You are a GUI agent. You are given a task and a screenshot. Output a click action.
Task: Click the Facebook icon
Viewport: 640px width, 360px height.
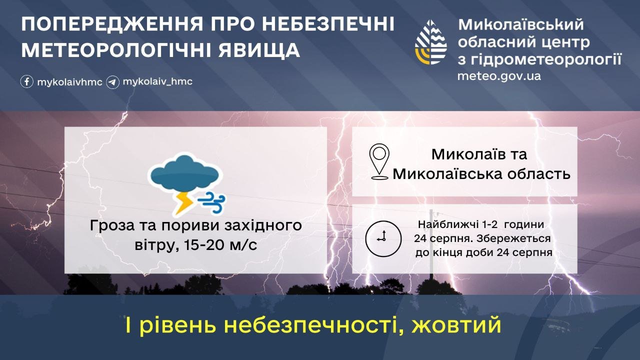(x=27, y=81)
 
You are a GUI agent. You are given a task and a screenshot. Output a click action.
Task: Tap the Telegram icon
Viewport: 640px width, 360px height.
(x=112, y=82)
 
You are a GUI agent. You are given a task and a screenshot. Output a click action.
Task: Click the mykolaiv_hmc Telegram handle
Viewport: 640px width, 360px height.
(x=157, y=81)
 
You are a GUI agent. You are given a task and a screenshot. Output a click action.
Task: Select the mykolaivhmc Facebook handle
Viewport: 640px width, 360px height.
(x=69, y=82)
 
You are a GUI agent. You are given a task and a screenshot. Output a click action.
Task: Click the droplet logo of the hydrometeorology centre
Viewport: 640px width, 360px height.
(x=431, y=42)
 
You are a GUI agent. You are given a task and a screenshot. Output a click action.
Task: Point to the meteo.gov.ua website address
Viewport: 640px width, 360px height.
(x=499, y=76)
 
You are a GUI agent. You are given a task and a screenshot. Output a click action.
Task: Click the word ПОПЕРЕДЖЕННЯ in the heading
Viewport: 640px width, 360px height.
(x=112, y=24)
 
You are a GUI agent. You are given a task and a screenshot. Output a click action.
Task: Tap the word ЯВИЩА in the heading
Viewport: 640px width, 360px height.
(x=259, y=50)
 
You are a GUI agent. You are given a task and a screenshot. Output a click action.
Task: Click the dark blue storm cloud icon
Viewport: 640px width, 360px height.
(x=185, y=173)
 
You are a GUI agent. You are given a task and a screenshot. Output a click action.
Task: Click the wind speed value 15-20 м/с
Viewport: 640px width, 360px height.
(x=221, y=245)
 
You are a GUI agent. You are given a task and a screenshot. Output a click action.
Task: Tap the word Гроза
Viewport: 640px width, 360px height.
(x=112, y=225)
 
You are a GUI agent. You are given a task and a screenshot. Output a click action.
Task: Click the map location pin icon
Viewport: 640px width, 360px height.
(x=379, y=161)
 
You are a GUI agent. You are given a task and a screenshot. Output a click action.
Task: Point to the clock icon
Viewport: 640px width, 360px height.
(x=383, y=238)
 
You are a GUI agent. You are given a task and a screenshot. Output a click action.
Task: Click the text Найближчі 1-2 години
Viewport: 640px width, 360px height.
(x=481, y=224)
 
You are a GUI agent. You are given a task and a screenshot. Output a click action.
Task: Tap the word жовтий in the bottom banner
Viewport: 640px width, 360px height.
(x=456, y=325)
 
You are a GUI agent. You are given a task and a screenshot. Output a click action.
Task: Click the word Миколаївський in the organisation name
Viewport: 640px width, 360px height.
(x=521, y=24)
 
